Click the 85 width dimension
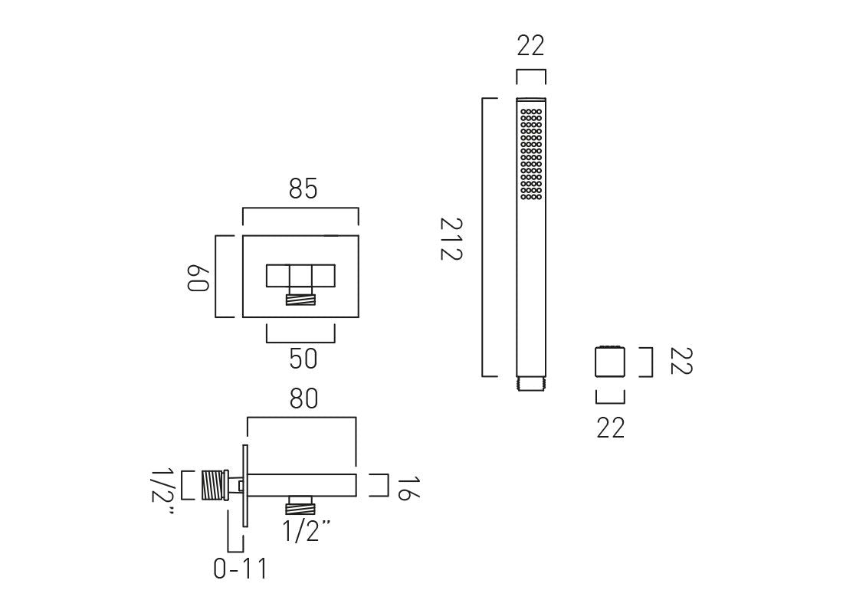coord(303,188)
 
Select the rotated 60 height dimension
coord(198,277)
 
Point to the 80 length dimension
coord(303,398)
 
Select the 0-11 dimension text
coord(241,569)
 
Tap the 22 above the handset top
coord(530,46)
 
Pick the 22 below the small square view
coord(611,428)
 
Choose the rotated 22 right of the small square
coord(680,362)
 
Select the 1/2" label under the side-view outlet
coord(307,530)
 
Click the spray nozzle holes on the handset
coord(531,153)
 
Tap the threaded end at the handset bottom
coord(531,383)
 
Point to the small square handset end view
coord(610,362)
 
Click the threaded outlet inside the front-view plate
coord(300,298)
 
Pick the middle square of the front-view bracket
coord(300,276)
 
